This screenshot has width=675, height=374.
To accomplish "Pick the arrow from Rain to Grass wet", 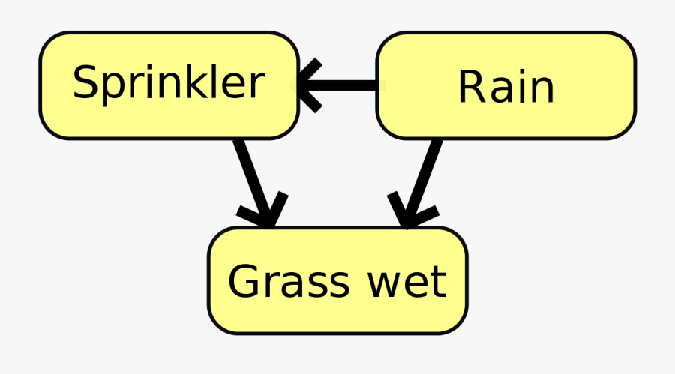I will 421,178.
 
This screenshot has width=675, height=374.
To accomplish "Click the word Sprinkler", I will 169,82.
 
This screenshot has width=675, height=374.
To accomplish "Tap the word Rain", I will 505,87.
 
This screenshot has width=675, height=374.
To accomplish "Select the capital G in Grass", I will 244,282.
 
